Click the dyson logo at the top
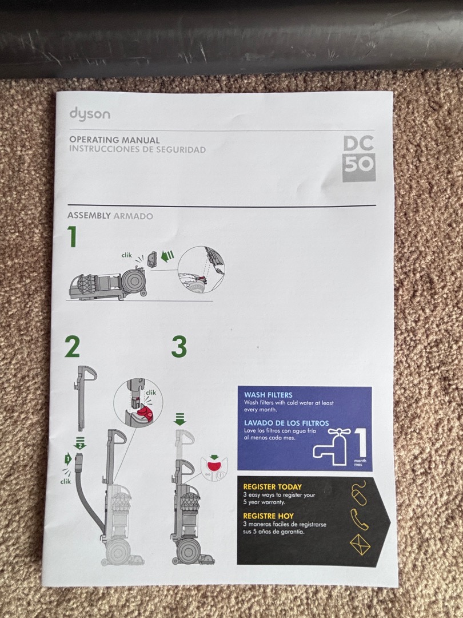(90, 113)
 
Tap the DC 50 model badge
(359, 159)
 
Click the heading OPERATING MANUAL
(114, 140)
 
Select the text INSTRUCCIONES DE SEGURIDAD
(137, 150)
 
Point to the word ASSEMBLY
(89, 216)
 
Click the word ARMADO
(133, 216)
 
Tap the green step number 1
(73, 237)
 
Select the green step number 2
(72, 346)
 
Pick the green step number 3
(179, 347)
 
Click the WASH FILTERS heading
(268, 395)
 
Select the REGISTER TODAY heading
(272, 487)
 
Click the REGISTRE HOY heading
(269, 516)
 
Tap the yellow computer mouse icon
(359, 494)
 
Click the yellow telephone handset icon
(359, 519)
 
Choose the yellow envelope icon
(360, 544)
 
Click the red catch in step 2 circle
(144, 413)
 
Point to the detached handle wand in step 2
(82, 395)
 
